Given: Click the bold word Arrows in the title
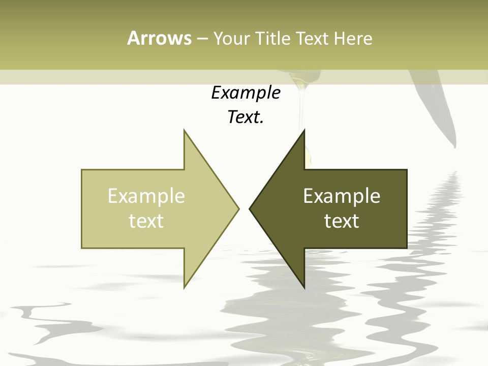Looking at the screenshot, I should click(x=159, y=38).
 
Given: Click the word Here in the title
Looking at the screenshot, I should click(x=353, y=38).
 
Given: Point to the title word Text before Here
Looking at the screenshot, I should click(x=313, y=38).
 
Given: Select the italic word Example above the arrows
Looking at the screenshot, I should click(x=246, y=93).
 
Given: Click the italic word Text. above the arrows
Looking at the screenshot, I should click(x=246, y=117).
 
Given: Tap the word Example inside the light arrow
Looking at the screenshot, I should click(x=146, y=196).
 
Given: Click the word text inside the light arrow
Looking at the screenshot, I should click(x=146, y=221).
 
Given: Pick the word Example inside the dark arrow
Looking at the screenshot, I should click(x=342, y=196).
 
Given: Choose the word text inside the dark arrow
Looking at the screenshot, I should click(x=342, y=221).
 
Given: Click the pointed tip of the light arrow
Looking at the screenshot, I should click(x=238, y=208).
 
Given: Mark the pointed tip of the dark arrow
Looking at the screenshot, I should click(x=250, y=208).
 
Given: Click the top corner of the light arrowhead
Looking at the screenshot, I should click(x=185, y=130).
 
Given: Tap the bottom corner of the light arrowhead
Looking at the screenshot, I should click(x=185, y=288).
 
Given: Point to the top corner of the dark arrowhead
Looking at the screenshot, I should click(x=304, y=130).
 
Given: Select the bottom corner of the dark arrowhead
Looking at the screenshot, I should click(x=304, y=288).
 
